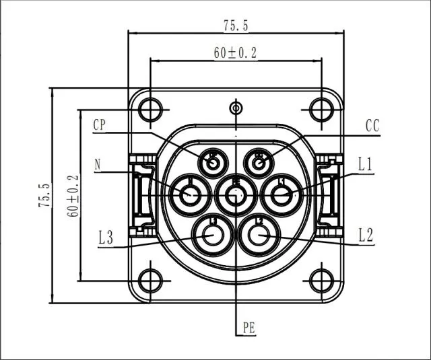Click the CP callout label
tap(99, 124)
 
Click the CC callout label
tap(373, 126)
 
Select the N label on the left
tap(98, 164)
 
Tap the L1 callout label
tap(366, 164)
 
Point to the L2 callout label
tap(366, 235)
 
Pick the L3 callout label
tap(106, 237)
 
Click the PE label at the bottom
tap(248, 328)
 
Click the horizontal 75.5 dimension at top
tap(236, 26)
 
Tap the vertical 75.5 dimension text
tap(44, 196)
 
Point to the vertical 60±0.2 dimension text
tap(73, 196)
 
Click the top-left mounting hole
tap(151, 109)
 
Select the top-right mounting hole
tap(321, 109)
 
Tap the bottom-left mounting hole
tap(151, 280)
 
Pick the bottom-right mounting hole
tap(321, 280)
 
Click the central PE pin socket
tap(236, 196)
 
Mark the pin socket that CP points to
tap(213, 161)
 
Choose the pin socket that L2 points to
tap(259, 235)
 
